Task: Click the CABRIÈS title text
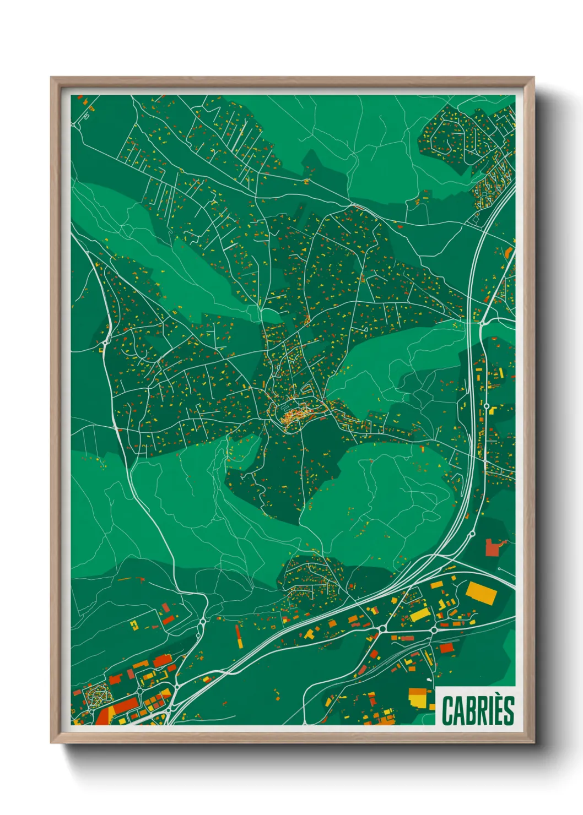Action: [x=477, y=710]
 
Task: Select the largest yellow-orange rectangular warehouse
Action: [x=481, y=593]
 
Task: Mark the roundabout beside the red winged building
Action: [x=472, y=534]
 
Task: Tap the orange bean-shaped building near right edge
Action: [x=508, y=253]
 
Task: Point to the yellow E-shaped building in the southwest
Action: [x=133, y=624]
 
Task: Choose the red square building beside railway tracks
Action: [x=446, y=648]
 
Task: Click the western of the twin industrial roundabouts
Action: [x=381, y=628]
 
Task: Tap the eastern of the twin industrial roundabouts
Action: [x=434, y=628]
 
